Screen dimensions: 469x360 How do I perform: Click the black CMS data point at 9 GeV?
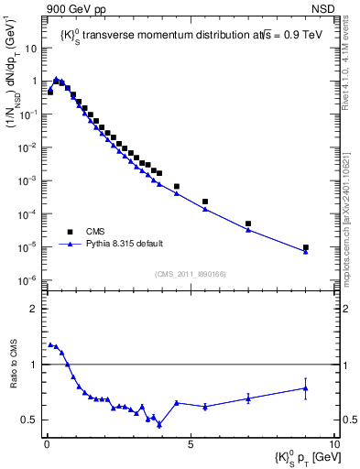click(x=305, y=247)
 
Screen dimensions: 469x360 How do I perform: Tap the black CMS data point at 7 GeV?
click(x=248, y=224)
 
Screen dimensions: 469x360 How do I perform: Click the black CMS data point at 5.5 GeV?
click(x=205, y=202)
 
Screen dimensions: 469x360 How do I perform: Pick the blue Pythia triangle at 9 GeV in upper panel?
click(x=305, y=251)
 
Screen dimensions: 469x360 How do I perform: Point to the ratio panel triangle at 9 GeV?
click(x=305, y=388)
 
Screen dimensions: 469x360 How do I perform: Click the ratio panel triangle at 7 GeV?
click(x=248, y=398)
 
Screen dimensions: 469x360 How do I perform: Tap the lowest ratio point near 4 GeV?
click(x=159, y=424)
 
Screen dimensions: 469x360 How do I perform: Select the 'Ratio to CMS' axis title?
click(x=13, y=377)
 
